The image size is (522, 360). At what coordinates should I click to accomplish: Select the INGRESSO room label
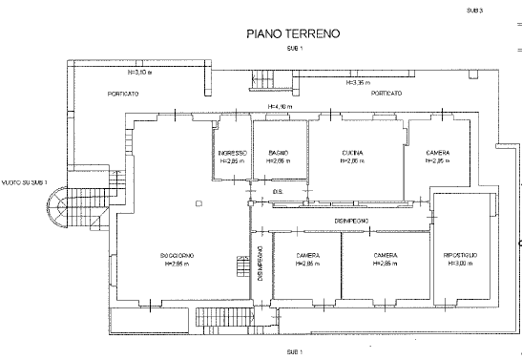232,154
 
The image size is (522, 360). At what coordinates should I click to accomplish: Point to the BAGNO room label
279,154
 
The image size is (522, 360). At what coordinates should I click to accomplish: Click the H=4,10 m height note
278,106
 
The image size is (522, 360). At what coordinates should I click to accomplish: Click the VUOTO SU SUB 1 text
25,181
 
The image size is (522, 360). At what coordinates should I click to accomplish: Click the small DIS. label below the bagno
278,191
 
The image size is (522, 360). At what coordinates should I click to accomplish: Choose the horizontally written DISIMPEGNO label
352,221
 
